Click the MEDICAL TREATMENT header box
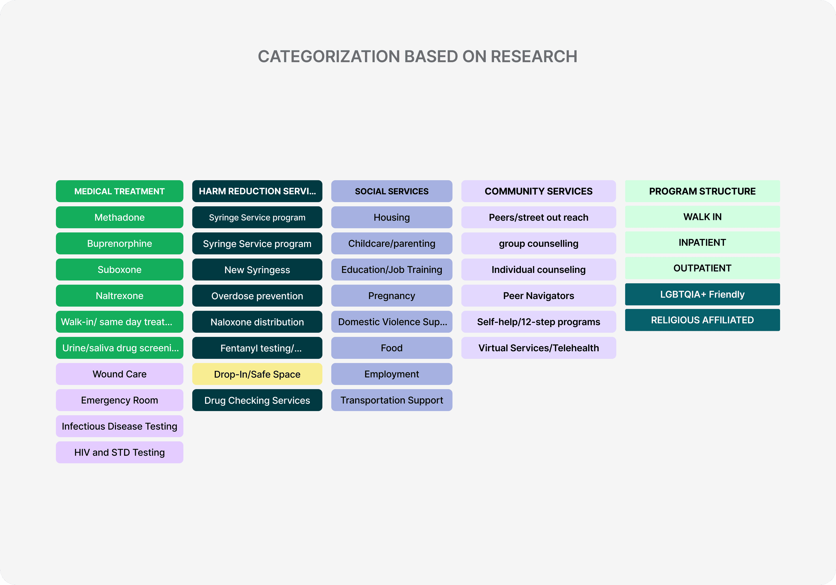(x=119, y=191)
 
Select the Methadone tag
(x=119, y=217)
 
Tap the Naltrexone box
(x=119, y=296)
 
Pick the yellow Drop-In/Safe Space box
(x=257, y=374)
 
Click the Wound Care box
(x=119, y=374)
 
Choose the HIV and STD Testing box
(x=119, y=452)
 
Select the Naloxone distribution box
(x=257, y=322)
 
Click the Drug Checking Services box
(x=257, y=400)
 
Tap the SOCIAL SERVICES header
(x=392, y=191)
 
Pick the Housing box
(x=392, y=217)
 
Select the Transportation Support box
(x=392, y=400)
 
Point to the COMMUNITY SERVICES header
(x=538, y=191)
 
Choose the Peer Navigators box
(x=538, y=296)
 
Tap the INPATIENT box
(x=703, y=242)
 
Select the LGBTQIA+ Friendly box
(x=703, y=294)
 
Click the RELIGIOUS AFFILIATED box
(x=703, y=320)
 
